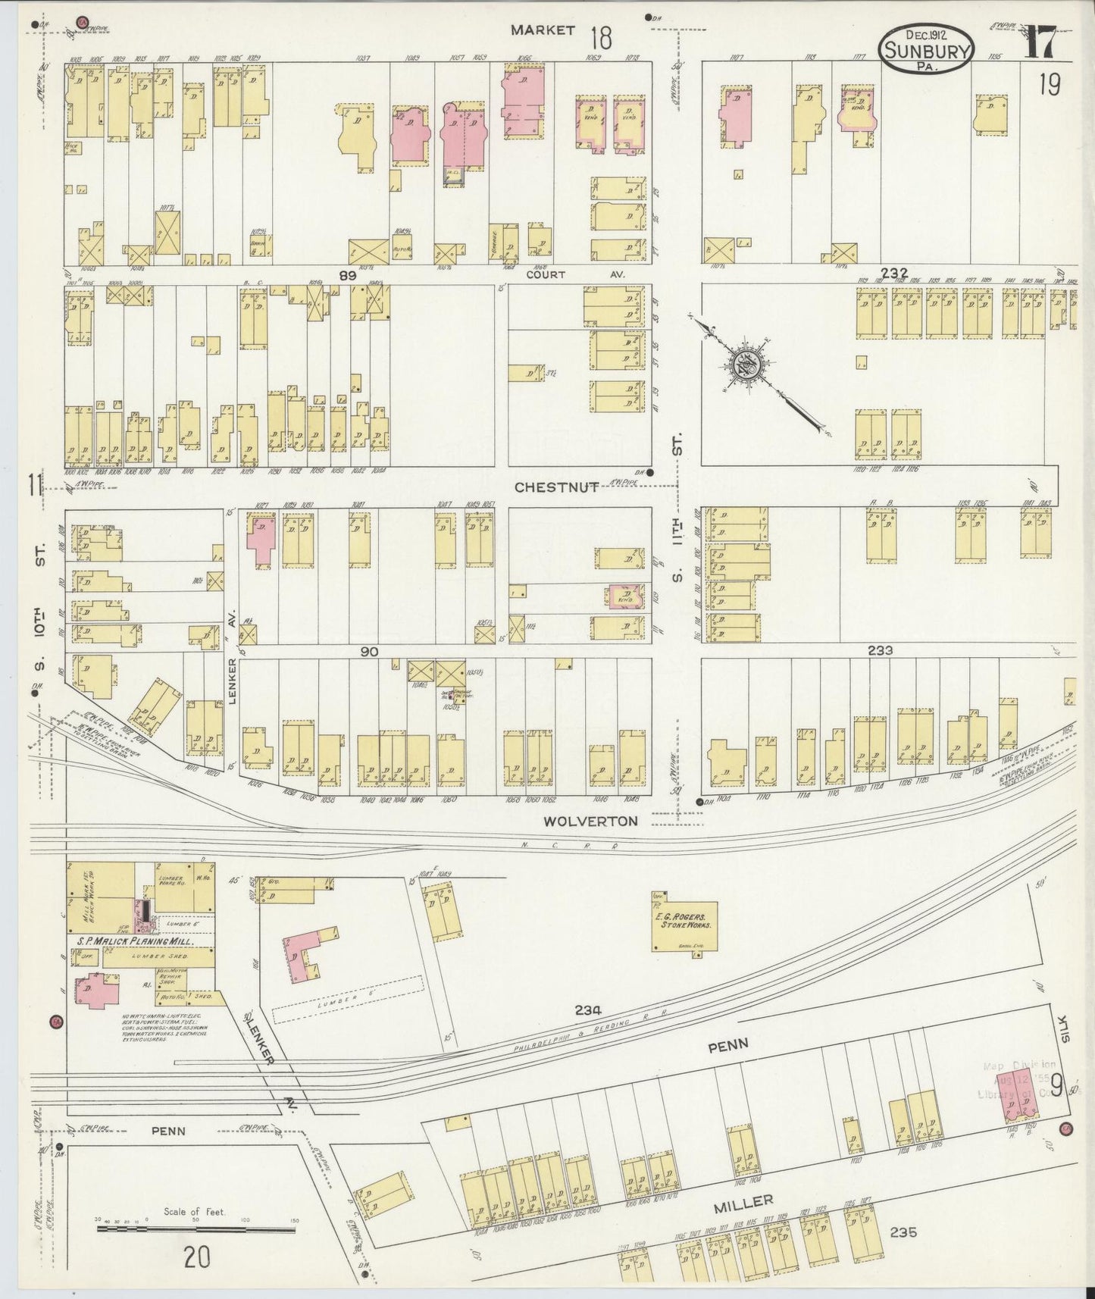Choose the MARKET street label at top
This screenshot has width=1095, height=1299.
pos(542,30)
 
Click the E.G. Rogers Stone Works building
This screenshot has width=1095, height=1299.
pos(685,924)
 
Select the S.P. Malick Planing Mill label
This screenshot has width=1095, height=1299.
pos(136,941)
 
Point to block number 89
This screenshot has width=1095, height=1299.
pos(347,277)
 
